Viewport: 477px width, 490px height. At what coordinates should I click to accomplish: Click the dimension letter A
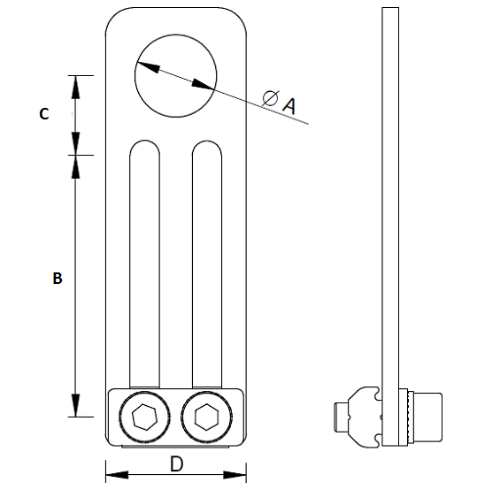tap(288, 105)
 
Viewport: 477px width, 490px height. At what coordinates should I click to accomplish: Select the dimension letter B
tap(57, 278)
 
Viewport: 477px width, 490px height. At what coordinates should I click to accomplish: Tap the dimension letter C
tap(43, 114)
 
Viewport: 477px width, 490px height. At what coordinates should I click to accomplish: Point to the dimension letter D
tap(176, 463)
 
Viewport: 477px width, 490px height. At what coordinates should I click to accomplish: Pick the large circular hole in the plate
tap(176, 75)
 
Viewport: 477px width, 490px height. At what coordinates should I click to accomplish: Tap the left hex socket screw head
tap(145, 416)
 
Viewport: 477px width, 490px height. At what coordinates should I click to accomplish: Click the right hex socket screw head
tap(207, 416)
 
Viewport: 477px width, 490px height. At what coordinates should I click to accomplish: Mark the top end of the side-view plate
tap(387, 11)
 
